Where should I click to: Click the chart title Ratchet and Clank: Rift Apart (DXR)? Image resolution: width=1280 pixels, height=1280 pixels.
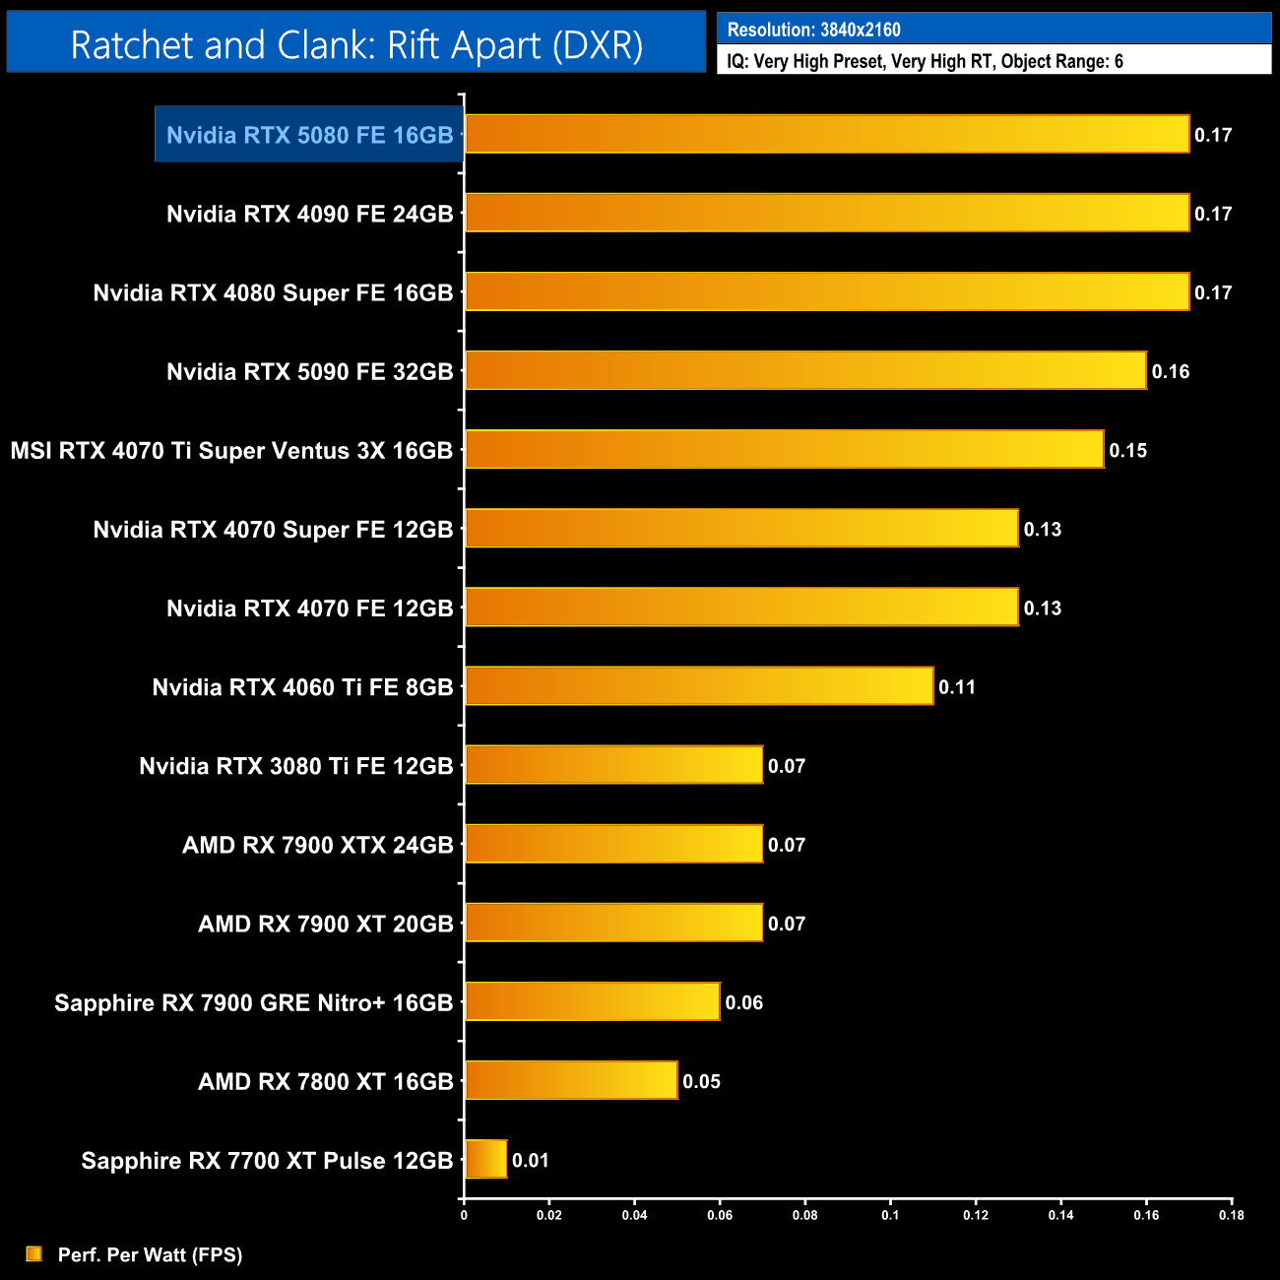coord(356,45)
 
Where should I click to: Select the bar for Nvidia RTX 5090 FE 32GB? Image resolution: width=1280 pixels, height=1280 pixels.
coord(805,370)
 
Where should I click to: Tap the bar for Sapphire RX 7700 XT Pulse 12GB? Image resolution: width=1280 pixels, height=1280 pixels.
coord(485,1159)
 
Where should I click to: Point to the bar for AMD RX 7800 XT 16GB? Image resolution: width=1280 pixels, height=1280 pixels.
coord(571,1080)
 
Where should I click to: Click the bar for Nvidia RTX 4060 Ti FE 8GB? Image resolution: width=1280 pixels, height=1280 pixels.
coord(699,685)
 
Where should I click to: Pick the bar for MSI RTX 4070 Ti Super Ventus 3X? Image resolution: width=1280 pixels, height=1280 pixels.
coord(784,449)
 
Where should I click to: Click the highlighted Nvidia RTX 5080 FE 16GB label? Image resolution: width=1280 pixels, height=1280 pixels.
coord(309,135)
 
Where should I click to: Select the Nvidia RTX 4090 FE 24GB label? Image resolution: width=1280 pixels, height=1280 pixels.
coord(309,214)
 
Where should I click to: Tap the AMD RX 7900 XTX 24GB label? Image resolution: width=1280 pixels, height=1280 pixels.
coord(317,845)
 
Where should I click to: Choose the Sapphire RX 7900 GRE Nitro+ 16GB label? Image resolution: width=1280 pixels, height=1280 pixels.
coord(253,1002)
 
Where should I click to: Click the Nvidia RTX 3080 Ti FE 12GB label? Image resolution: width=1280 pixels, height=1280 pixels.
coord(295,766)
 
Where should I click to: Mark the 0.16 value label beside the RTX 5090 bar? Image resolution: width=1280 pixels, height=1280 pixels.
coord(1171,371)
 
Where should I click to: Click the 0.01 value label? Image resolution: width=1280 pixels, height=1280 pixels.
coord(531,1160)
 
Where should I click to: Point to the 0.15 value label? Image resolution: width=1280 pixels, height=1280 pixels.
coord(1128,450)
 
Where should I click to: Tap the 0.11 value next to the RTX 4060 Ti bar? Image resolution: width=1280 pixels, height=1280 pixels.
coord(957,686)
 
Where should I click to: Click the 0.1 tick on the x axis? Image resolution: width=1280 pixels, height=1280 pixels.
coord(890,1215)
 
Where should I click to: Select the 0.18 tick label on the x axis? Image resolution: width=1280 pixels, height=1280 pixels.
coord(1232,1215)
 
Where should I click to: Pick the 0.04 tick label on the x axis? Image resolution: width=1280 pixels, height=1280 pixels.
coord(634,1215)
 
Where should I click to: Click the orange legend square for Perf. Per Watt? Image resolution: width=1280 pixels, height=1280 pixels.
coord(34,1253)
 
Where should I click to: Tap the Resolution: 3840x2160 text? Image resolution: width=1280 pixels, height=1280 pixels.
coord(813,30)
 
